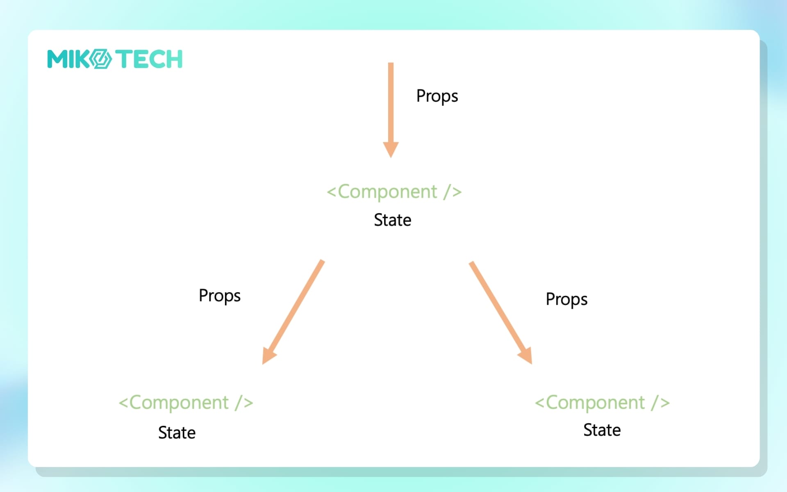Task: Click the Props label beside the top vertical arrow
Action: click(x=437, y=96)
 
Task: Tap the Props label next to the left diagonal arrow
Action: click(x=219, y=296)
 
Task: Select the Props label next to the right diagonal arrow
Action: click(x=566, y=300)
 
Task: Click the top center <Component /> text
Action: click(x=394, y=192)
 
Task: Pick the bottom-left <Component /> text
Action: click(x=186, y=403)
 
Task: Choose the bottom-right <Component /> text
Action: click(x=602, y=403)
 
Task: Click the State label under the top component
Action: click(x=392, y=220)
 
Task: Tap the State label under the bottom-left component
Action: click(x=177, y=433)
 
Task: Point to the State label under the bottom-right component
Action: click(x=602, y=430)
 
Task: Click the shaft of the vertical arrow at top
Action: click(x=391, y=102)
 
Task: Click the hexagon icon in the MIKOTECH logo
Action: click(x=100, y=59)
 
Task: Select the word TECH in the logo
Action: click(x=149, y=59)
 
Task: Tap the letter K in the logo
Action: click(x=83, y=59)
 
